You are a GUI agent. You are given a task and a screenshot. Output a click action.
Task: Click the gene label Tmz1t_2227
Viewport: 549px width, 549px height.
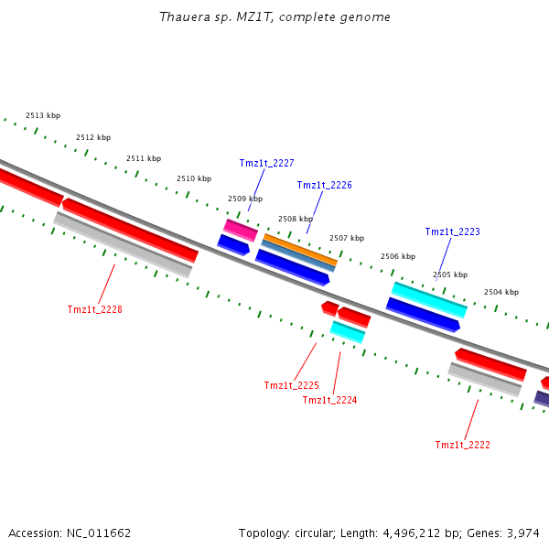pos(266,163)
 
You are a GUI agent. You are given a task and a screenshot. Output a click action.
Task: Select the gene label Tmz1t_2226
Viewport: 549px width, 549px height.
pos(324,185)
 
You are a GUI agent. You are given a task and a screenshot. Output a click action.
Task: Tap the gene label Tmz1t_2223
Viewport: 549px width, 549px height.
pos(452,231)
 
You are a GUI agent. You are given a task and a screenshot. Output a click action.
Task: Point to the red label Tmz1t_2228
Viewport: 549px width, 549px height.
pos(94,309)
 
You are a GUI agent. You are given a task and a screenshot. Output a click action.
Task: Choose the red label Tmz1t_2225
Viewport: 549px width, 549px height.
pos(291,385)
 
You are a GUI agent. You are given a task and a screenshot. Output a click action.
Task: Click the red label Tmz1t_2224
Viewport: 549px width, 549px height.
pos(329,400)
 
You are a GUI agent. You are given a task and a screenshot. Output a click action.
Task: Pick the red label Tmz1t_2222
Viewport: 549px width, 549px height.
pos(462,445)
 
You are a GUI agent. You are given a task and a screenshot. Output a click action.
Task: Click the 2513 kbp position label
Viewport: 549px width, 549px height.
pos(43,115)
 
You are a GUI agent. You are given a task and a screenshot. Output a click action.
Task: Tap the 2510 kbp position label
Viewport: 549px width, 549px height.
pos(194,178)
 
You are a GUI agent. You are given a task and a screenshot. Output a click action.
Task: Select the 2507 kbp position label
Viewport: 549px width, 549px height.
pos(347,238)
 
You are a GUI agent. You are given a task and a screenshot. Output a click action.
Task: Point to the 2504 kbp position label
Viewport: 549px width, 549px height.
pos(501,292)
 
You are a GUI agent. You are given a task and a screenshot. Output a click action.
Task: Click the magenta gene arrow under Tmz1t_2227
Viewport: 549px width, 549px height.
pos(241,230)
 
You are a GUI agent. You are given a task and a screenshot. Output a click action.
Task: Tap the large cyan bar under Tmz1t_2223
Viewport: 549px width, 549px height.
pos(429,299)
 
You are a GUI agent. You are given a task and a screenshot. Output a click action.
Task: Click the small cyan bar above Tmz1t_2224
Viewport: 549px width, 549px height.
pos(348,331)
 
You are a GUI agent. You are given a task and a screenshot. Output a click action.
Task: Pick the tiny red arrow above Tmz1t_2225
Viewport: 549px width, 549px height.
pos(329,307)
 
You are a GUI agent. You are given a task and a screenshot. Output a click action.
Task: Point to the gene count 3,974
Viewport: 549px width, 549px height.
pos(523,533)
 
